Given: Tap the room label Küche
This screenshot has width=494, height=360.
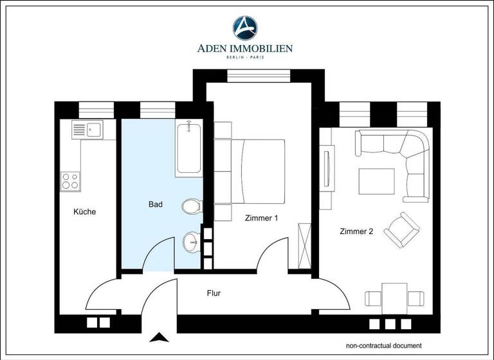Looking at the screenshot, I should (84, 212).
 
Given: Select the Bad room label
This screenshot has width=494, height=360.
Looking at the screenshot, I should (156, 204).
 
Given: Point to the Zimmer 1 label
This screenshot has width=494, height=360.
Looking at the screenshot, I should (261, 218).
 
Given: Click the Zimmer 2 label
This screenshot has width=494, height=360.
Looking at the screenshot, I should (356, 231).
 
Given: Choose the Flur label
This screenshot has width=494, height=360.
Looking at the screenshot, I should (214, 293).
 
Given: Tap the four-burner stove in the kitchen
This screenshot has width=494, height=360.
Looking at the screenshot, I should (69, 181).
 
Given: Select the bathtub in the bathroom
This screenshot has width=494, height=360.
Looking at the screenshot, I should (188, 148).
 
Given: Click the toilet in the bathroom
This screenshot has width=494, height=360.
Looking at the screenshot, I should (192, 206).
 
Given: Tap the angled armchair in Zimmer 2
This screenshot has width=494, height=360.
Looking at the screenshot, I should (401, 229).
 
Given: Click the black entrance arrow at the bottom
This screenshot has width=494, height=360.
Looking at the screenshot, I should (156, 336).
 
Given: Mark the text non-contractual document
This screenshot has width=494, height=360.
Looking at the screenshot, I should (383, 345).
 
